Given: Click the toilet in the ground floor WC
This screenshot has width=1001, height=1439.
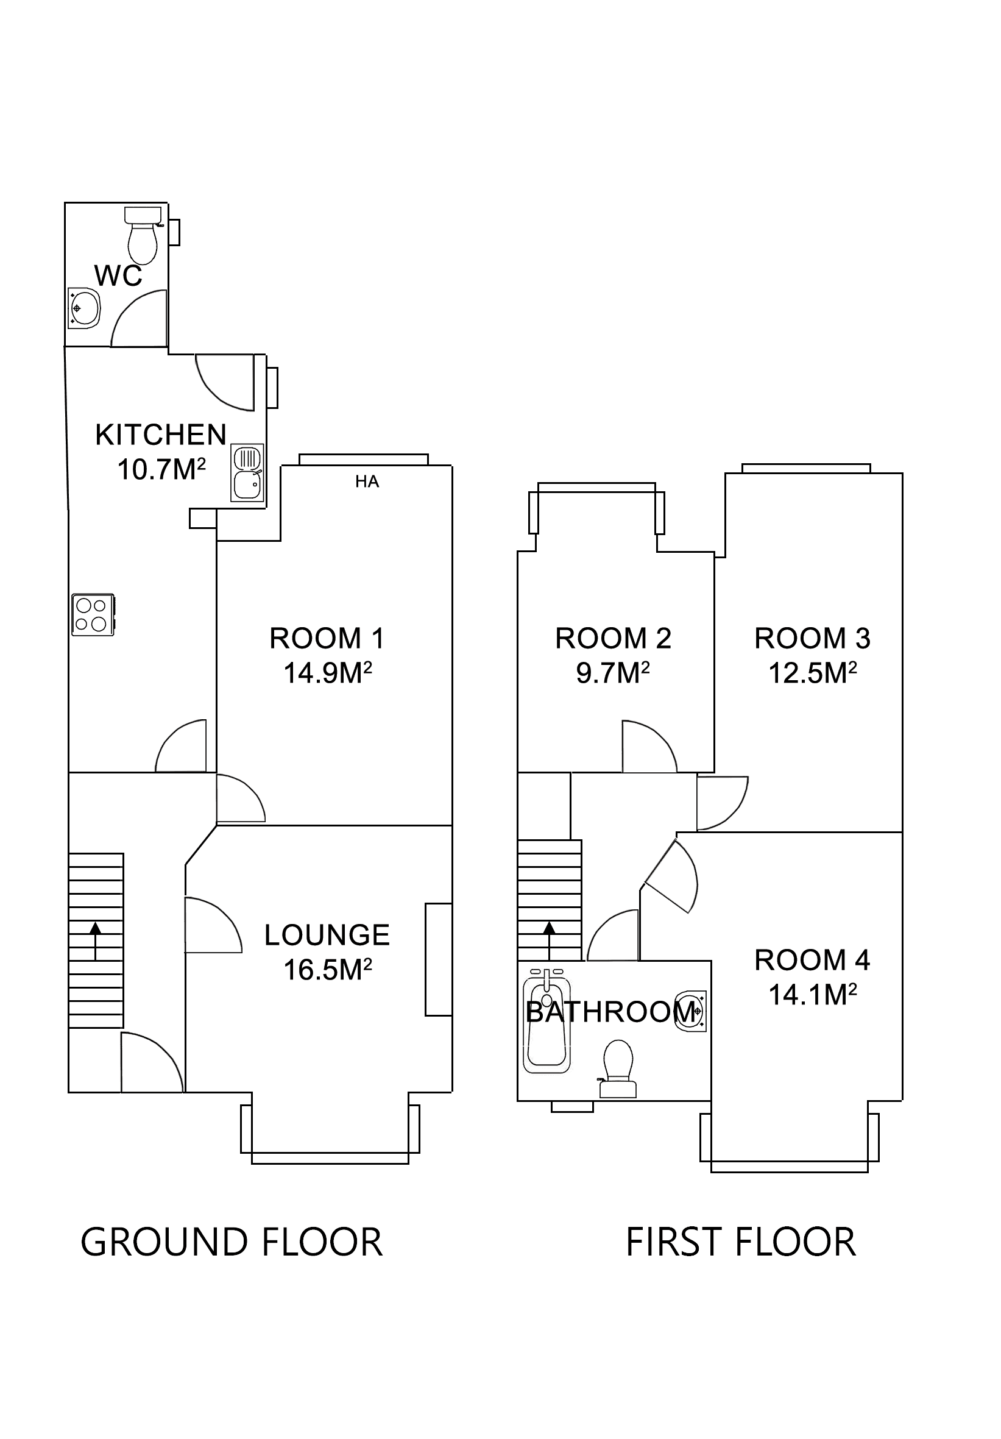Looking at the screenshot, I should [142, 237].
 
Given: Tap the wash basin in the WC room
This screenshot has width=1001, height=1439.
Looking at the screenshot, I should [84, 308].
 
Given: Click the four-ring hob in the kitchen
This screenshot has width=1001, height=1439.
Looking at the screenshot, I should [92, 614].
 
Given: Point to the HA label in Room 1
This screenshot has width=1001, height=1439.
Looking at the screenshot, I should [367, 481].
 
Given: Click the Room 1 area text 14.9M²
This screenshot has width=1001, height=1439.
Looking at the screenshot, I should [328, 673].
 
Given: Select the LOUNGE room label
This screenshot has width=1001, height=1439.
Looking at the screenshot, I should [327, 935].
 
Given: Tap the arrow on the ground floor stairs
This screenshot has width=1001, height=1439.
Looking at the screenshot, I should [95, 939].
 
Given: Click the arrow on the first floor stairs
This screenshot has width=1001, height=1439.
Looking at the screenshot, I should [550, 939].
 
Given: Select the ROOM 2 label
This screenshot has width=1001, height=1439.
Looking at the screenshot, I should [613, 639].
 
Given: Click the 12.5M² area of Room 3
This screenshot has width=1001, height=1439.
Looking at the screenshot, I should [812, 673].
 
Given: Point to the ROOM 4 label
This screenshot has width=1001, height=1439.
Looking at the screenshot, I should [812, 960].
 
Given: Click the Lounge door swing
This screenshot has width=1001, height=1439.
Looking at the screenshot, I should [212, 925].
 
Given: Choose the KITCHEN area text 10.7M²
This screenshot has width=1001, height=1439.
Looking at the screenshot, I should [161, 469].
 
